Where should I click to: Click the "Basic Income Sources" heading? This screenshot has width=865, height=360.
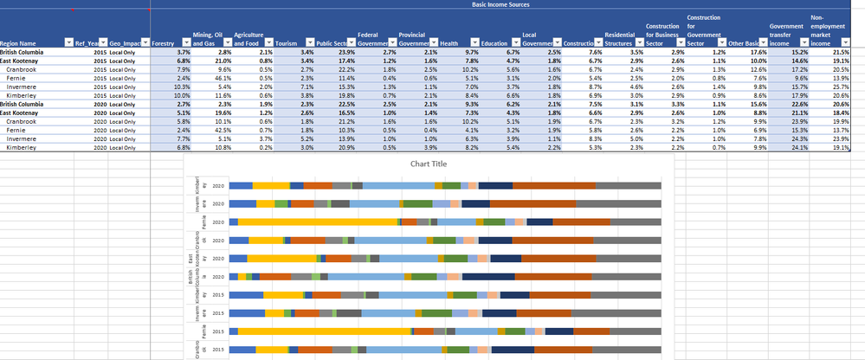point(503,4)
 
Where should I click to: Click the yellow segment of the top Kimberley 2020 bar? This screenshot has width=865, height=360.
point(270,185)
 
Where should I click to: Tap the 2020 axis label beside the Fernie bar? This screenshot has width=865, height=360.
point(217,222)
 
